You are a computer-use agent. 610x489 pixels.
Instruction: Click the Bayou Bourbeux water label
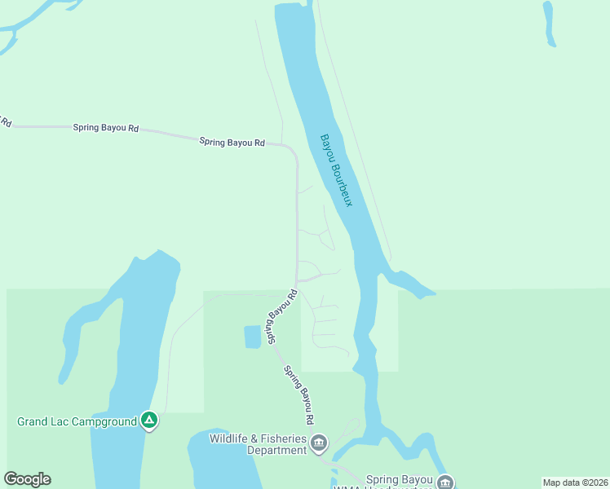click(336, 170)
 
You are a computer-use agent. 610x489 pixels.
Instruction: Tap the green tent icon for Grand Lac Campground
click(148, 421)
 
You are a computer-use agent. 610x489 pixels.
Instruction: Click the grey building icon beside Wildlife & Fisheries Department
click(318, 444)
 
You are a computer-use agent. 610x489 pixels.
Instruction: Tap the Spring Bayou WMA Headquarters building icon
click(445, 482)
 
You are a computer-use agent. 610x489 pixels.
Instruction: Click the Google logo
click(27, 479)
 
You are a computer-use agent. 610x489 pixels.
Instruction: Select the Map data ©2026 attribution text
click(575, 482)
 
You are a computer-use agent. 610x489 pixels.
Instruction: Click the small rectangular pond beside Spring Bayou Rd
click(253, 337)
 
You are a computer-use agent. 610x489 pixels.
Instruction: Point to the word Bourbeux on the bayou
click(343, 184)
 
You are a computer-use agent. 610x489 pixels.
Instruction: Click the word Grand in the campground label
click(33, 421)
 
